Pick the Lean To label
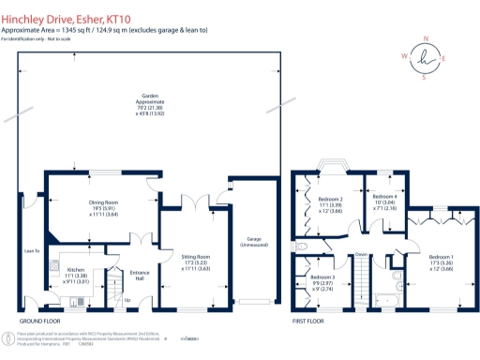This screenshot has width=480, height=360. (x=31, y=251)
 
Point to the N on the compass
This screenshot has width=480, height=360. (x=427, y=38)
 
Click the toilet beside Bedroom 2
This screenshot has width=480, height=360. (x=302, y=248)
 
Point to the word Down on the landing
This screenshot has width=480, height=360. (x=362, y=254)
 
